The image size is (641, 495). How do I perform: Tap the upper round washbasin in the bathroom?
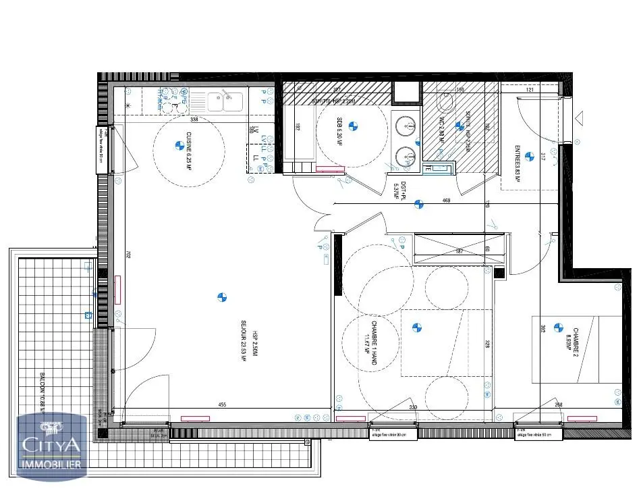[x=404, y=126]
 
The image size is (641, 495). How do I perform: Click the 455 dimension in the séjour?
[x=221, y=405]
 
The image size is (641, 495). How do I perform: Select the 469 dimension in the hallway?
[x=446, y=201]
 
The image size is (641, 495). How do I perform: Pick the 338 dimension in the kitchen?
[x=194, y=120]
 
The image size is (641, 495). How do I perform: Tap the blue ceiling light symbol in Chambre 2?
[x=558, y=328]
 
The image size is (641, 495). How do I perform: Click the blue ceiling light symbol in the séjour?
[x=222, y=296]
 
